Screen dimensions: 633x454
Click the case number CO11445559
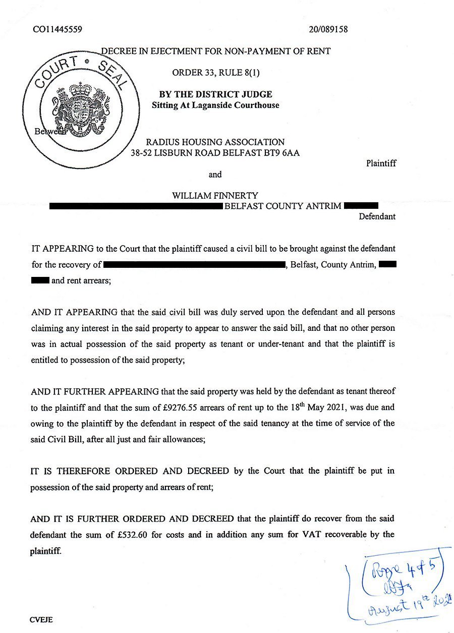(58, 30)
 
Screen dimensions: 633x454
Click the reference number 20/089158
(328, 30)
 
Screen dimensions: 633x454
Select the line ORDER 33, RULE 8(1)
(215, 73)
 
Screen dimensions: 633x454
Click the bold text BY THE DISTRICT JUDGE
(215, 94)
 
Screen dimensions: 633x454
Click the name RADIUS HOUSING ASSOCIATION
(215, 142)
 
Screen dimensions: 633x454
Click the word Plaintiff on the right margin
(381, 163)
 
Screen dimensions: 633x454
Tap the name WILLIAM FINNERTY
(215, 195)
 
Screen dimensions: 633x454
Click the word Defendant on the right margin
(377, 217)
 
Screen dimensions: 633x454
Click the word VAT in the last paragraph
(297, 535)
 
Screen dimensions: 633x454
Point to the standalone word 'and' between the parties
(215, 175)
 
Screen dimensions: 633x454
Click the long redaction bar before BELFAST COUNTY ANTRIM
(136, 206)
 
